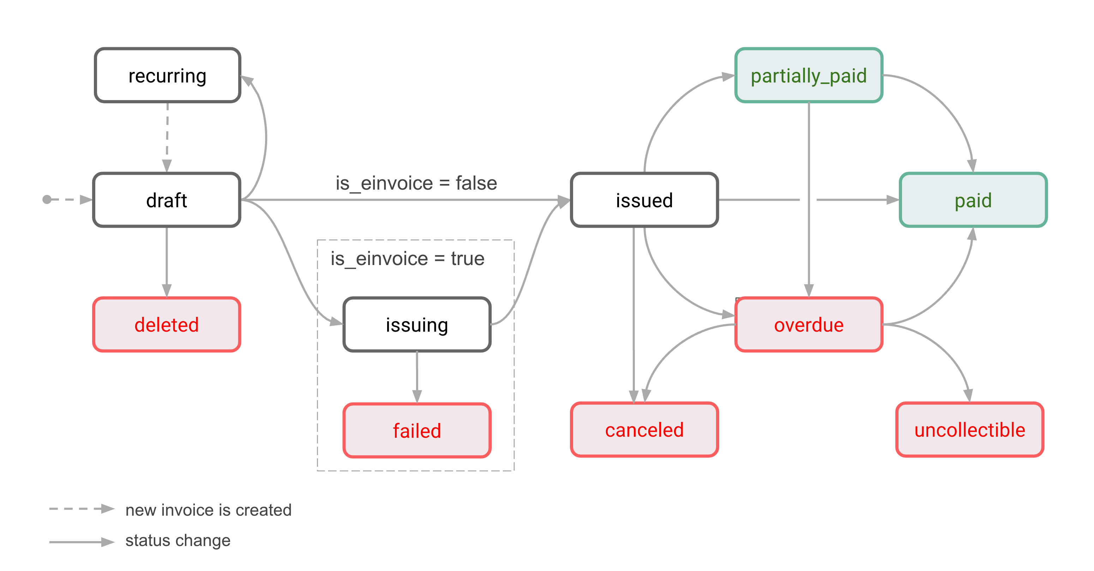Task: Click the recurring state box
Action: pos(167,75)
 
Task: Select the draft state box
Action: pos(167,200)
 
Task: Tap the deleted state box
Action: pos(167,325)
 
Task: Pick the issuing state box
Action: pos(417,325)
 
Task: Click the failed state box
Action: pos(417,430)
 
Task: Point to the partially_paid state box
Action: pos(808,75)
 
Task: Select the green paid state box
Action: pos(973,200)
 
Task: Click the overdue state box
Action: pos(808,325)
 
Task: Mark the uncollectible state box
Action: pos(969,429)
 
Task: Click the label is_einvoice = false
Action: pos(416,183)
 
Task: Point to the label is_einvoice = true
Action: pos(407,258)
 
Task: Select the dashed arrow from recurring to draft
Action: pos(167,136)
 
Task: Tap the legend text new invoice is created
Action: pos(208,509)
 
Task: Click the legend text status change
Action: pos(178,540)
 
